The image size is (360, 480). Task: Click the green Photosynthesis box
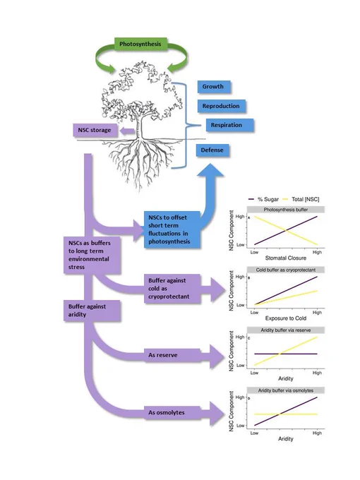click(x=140, y=44)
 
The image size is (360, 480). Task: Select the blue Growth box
click(x=213, y=87)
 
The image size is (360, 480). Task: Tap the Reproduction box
click(x=221, y=106)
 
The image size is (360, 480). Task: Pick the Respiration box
click(x=229, y=125)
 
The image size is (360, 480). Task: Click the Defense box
click(x=212, y=150)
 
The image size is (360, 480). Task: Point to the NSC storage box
click(x=95, y=130)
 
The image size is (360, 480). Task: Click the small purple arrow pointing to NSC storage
click(x=127, y=131)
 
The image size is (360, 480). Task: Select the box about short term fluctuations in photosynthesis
click(x=172, y=229)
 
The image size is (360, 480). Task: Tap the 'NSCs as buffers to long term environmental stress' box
click(x=92, y=255)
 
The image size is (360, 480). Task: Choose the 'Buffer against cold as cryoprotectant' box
click(x=172, y=289)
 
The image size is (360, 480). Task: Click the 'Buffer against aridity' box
click(x=92, y=311)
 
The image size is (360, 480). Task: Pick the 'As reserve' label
click(x=163, y=355)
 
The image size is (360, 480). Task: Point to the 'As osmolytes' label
click(x=166, y=413)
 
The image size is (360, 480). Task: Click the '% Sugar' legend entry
click(x=264, y=199)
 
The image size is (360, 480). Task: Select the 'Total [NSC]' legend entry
click(x=301, y=199)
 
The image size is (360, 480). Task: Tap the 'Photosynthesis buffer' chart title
click(x=286, y=210)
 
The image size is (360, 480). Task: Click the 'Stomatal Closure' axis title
click(x=286, y=258)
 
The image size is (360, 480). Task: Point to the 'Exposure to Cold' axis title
click(x=286, y=318)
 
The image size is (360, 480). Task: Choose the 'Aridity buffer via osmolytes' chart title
click(x=286, y=390)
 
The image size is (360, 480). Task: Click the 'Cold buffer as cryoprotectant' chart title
click(x=286, y=270)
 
